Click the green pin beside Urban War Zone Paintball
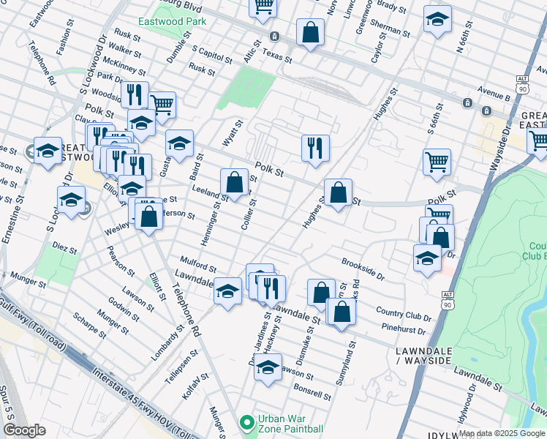pos(247,423)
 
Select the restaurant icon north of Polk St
pos(315,148)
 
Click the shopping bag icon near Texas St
pos(310,33)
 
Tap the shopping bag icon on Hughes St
pos(338,194)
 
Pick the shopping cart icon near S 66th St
pos(437,162)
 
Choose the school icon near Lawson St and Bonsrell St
pos(268,367)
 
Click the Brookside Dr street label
pos(363,269)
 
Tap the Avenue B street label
pos(494,94)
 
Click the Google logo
pos(24,430)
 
